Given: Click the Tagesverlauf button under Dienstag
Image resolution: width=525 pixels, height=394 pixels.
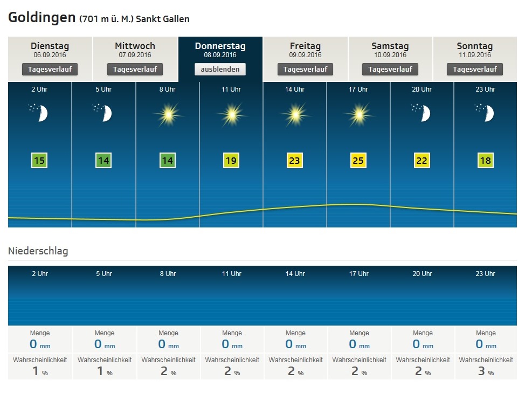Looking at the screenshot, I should [x=50, y=69].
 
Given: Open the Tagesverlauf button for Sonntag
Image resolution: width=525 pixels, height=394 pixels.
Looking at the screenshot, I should [x=474, y=69].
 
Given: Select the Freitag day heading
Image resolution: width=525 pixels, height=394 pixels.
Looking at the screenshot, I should [x=305, y=46].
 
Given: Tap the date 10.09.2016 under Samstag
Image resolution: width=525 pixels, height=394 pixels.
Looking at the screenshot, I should [x=390, y=55].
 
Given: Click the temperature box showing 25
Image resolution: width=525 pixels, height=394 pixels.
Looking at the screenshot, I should [x=358, y=161].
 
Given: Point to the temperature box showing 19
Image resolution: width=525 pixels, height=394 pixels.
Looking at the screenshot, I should [x=231, y=161].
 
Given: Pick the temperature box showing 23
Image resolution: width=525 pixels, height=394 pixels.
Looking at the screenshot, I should [x=295, y=161].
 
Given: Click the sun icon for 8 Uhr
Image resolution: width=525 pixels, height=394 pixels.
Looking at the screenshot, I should [x=168, y=114].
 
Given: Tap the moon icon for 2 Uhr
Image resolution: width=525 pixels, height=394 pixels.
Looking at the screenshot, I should [x=40, y=113].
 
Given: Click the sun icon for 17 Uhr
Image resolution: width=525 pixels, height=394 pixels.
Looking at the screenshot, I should [x=358, y=114].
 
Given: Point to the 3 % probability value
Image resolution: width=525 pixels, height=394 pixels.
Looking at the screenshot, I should [x=483, y=371].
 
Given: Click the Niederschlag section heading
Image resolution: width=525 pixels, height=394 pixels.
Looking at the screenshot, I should [x=38, y=251].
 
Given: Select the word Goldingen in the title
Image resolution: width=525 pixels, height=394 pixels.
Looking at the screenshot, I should [x=42, y=18].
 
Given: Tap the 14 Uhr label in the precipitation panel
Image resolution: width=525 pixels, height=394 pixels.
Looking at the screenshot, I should [x=295, y=274].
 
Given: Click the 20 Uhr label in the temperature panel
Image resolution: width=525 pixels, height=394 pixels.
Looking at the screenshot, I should [x=422, y=89].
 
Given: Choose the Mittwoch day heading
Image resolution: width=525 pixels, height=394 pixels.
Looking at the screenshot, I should [x=135, y=46].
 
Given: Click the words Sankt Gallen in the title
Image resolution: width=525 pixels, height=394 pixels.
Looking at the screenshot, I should [x=163, y=19].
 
